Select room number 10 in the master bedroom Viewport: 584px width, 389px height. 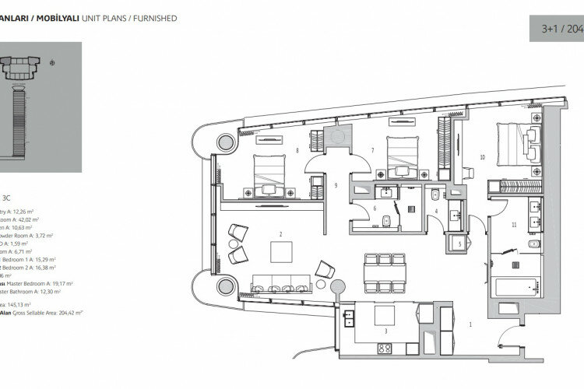pos(483,157)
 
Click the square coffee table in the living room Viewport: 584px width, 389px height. pos(280,251)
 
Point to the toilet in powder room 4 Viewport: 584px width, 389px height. pos(431,201)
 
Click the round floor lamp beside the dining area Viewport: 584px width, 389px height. pos(337,286)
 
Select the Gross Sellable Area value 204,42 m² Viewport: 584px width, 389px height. pos(69,312)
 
